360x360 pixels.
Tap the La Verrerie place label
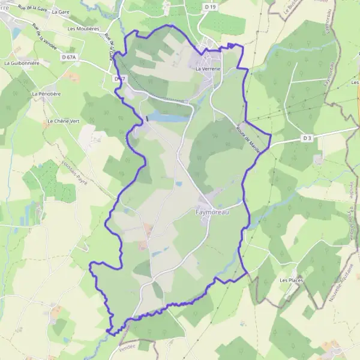coord(208,69)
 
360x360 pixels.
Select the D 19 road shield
coord(209,7)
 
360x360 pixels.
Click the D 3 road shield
coord(307,138)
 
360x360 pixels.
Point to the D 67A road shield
coord(70,57)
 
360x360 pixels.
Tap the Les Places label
coord(290,280)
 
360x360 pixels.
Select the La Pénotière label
coord(46,94)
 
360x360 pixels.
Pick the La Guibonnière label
coord(22,62)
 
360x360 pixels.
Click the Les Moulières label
coord(83,28)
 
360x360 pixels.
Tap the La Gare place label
coord(61,11)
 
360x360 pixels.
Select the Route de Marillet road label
coord(247,139)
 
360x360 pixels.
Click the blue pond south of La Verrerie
coord(164,116)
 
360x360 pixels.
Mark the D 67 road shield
coord(119,79)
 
